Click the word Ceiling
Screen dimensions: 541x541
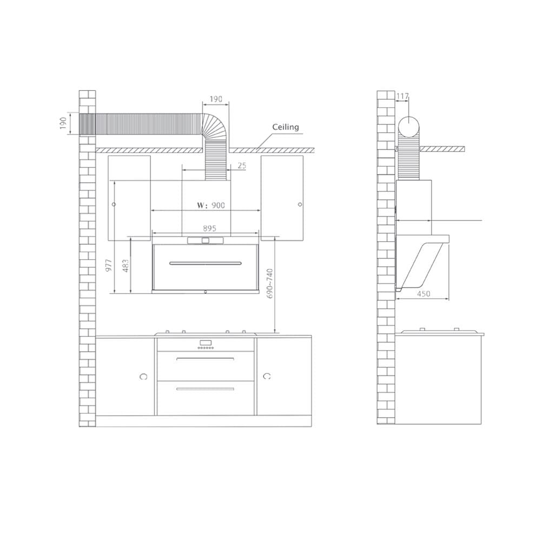(x=285, y=127)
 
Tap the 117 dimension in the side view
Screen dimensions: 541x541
(x=403, y=96)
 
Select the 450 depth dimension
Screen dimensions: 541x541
(x=424, y=294)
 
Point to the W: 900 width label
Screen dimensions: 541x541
(x=211, y=205)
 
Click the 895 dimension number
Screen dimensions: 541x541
(x=209, y=228)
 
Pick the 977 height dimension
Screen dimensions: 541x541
(x=109, y=265)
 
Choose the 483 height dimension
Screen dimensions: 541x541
(x=126, y=266)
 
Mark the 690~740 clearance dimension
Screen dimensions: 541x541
(x=270, y=283)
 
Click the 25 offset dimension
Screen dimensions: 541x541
(x=242, y=166)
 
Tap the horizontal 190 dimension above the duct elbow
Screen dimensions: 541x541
(x=216, y=100)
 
